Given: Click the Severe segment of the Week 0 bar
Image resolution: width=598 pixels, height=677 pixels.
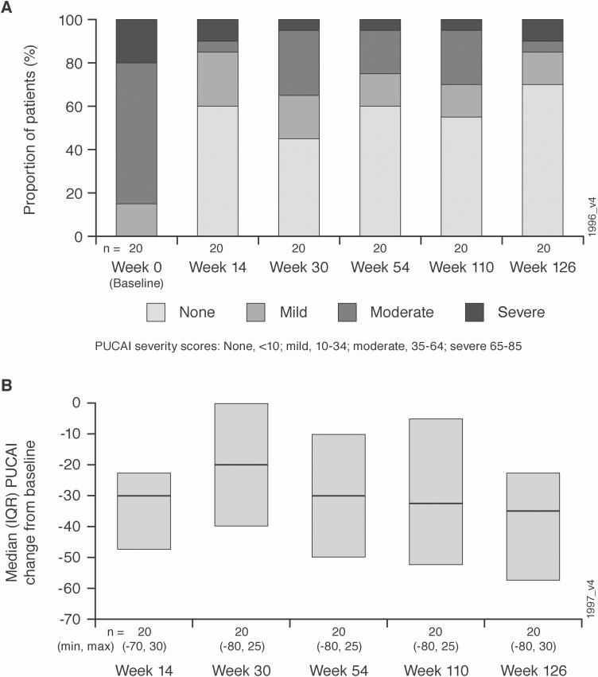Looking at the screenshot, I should (136, 41).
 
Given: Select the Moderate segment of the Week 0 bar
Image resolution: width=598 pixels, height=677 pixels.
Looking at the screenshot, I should (136, 133).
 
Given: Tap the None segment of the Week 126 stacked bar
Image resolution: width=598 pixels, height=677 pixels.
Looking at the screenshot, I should (542, 160).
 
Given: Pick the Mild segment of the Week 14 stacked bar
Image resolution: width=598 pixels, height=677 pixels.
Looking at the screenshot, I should (217, 79).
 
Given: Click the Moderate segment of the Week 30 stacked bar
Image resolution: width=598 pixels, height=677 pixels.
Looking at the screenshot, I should (299, 63).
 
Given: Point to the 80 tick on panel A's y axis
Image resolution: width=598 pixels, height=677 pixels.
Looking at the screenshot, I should (95, 63).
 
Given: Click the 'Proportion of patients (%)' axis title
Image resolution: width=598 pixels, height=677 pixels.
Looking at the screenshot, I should (32, 128).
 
